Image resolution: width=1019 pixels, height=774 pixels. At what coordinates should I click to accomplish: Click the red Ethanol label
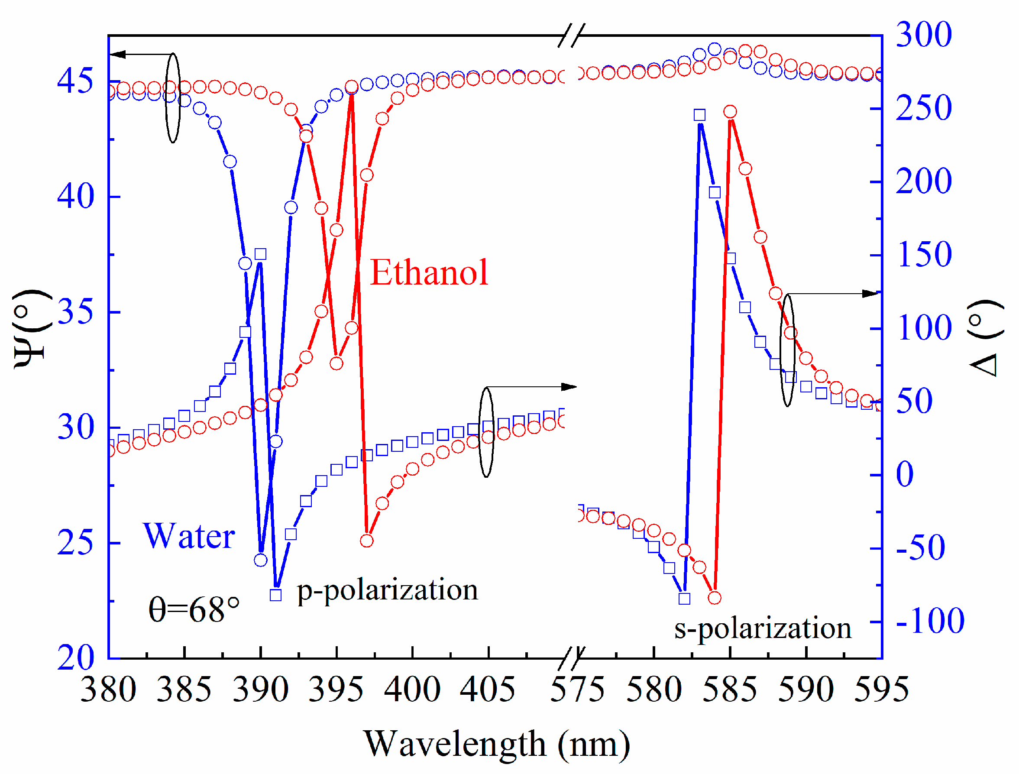pos(429,273)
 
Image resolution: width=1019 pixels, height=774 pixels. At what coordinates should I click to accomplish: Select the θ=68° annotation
pos(194,609)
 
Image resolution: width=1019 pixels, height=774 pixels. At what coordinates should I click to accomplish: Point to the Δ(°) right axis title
pos(986,338)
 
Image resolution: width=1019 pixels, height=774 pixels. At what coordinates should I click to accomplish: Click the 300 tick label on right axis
pos(923,35)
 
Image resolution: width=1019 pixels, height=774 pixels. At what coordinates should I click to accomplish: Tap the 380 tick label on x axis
pos(108,690)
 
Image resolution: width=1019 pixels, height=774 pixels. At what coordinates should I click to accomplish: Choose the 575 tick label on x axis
pos(577,690)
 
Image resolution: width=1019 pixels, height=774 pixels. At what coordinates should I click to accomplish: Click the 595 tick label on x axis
pos(881,690)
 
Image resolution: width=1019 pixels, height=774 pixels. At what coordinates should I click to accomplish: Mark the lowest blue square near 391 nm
pos(275,595)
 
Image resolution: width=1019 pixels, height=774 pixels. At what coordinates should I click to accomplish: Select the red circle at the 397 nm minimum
pos(367,541)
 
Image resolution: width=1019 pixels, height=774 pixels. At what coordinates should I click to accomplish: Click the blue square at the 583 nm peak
pos(699,115)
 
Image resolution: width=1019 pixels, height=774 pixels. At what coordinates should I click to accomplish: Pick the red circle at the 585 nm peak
pos(730,111)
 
